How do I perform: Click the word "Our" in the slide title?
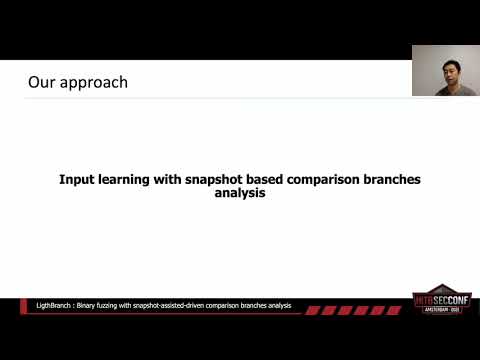[41, 82]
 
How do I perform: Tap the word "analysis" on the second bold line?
[240, 195]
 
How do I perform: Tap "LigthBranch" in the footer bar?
[46, 305]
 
